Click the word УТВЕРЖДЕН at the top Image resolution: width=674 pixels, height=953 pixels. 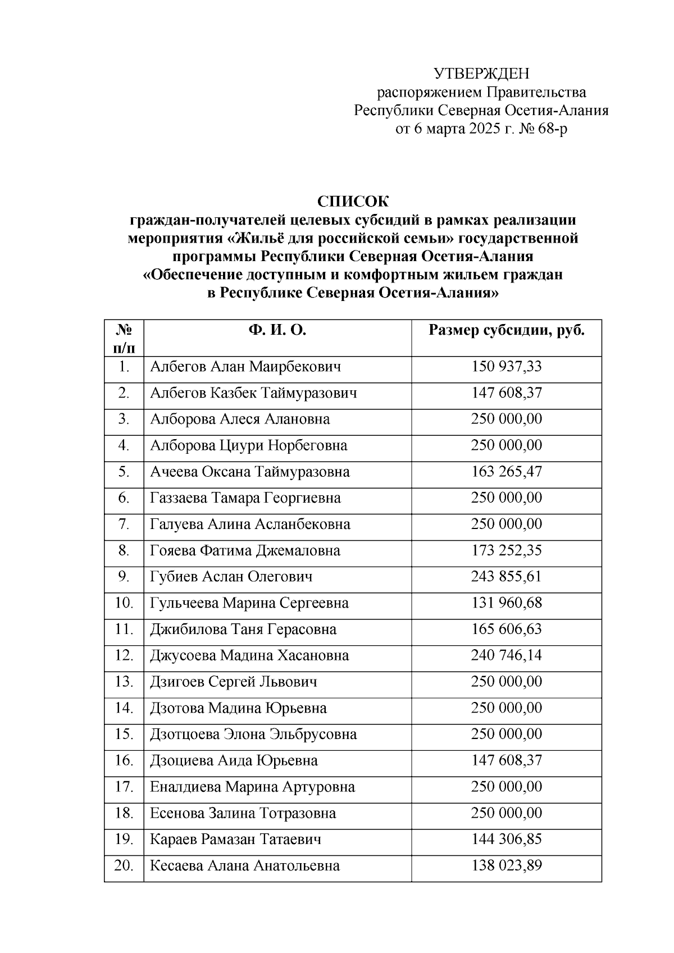tap(481, 74)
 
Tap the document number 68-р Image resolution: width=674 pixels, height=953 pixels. tap(552, 129)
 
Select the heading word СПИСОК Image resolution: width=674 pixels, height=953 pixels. tap(353, 201)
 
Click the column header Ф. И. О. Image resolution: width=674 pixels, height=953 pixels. tap(277, 330)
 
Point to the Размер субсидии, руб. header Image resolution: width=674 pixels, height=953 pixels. tap(507, 330)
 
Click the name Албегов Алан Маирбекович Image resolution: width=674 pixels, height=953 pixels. tap(245, 367)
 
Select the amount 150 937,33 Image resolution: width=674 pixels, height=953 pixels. tap(507, 367)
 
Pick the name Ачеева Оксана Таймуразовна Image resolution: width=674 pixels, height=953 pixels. tap(250, 472)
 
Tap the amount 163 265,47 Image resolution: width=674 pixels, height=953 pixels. tap(507, 472)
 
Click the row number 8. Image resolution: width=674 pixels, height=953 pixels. tap(124, 550)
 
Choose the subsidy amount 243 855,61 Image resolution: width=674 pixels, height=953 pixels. tap(507, 577)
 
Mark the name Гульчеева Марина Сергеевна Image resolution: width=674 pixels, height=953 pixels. tap(249, 603)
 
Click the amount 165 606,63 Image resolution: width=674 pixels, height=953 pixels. tap(507, 629)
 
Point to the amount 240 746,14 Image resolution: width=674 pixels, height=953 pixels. tap(507, 655)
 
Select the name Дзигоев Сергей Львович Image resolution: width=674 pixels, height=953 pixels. tap(234, 682)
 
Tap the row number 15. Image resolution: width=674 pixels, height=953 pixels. tap(124, 734)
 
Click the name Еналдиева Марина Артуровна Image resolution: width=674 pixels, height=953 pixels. tap(253, 787)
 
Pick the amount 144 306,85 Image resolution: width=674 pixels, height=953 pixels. tap(507, 840)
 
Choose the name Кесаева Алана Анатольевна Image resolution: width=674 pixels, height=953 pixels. tap(245, 865)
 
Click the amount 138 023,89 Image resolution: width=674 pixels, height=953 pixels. tap(507, 865)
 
